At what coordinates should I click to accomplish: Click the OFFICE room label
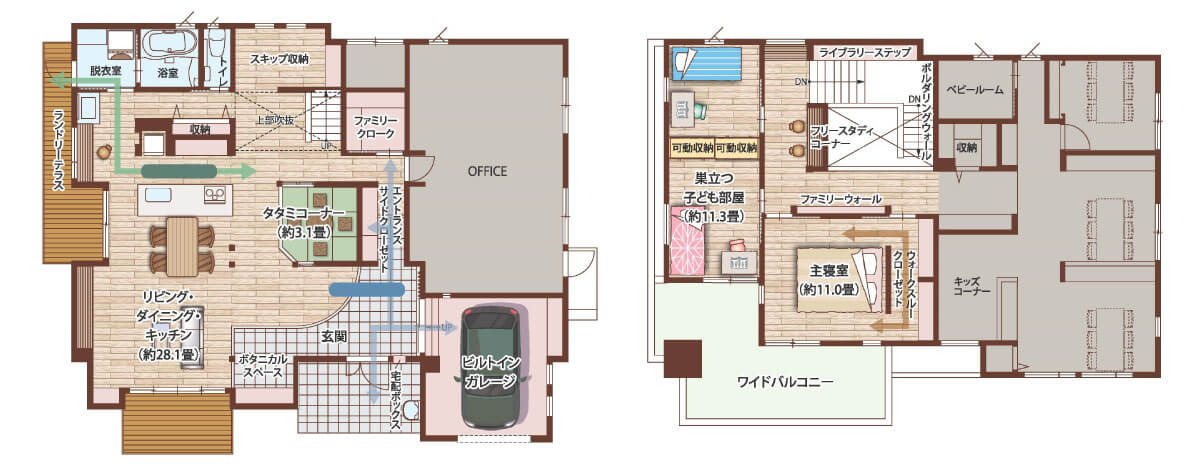pyautogui.click(x=487, y=171)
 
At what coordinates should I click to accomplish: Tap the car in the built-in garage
pyautogui.click(x=490, y=367)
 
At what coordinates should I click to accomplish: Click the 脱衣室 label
pyautogui.click(x=106, y=71)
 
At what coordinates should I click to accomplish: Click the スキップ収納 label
pyautogui.click(x=279, y=59)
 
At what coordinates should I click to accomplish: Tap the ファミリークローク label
pyautogui.click(x=375, y=127)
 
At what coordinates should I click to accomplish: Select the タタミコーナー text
pyautogui.click(x=303, y=213)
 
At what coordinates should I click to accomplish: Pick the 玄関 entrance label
pyautogui.click(x=334, y=337)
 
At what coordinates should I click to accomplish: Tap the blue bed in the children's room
pyautogui.click(x=707, y=64)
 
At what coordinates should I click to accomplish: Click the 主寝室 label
pyautogui.click(x=828, y=271)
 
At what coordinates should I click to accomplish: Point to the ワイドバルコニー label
pyautogui.click(x=785, y=382)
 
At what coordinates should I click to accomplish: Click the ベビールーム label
pyautogui.click(x=975, y=89)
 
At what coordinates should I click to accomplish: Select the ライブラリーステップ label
pyautogui.click(x=865, y=53)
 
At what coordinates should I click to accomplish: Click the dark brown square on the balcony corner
pyautogui.click(x=682, y=359)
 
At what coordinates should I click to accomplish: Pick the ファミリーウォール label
pyautogui.click(x=841, y=199)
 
